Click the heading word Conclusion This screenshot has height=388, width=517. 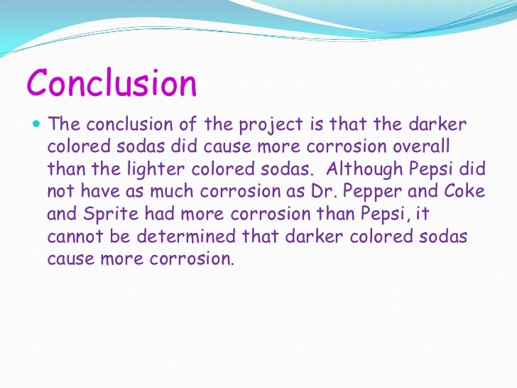coord(112,84)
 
